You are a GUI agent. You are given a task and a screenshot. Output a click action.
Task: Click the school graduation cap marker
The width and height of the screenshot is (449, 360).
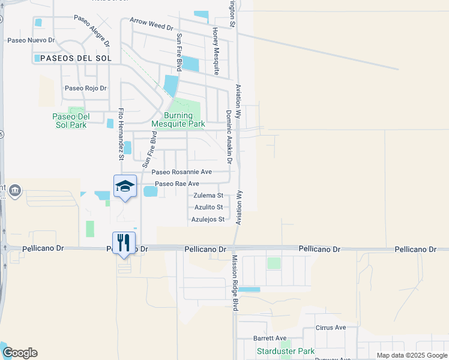pos(124,187)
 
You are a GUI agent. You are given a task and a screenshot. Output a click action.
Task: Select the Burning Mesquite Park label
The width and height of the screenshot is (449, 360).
pos(178,120)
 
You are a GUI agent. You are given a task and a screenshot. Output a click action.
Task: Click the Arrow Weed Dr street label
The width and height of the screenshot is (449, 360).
pos(151,28)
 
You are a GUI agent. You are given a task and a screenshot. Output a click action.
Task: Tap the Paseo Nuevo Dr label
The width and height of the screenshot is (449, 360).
pos(31,41)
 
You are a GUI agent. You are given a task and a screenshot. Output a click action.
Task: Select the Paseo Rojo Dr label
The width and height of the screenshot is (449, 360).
pos(85,88)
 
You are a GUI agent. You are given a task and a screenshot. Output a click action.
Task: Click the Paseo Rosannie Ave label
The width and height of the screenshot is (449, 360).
pos(181,172)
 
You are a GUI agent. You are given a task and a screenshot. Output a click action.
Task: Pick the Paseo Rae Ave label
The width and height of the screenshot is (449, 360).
pos(176,184)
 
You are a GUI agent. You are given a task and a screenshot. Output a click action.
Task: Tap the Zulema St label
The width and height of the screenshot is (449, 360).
pos(208,196)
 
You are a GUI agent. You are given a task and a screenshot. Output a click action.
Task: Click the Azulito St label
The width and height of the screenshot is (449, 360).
pos(208,207)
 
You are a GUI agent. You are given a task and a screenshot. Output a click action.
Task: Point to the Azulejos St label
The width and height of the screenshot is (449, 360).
pos(208,219)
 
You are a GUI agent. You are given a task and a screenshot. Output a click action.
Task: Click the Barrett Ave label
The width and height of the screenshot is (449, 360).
pos(270,338)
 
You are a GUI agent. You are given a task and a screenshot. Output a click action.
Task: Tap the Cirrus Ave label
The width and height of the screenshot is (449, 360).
pos(331,328)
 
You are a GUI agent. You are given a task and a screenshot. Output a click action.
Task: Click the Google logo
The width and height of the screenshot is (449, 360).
pos(20,353)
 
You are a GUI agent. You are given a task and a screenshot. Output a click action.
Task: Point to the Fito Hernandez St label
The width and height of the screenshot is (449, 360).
pos(121,134)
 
